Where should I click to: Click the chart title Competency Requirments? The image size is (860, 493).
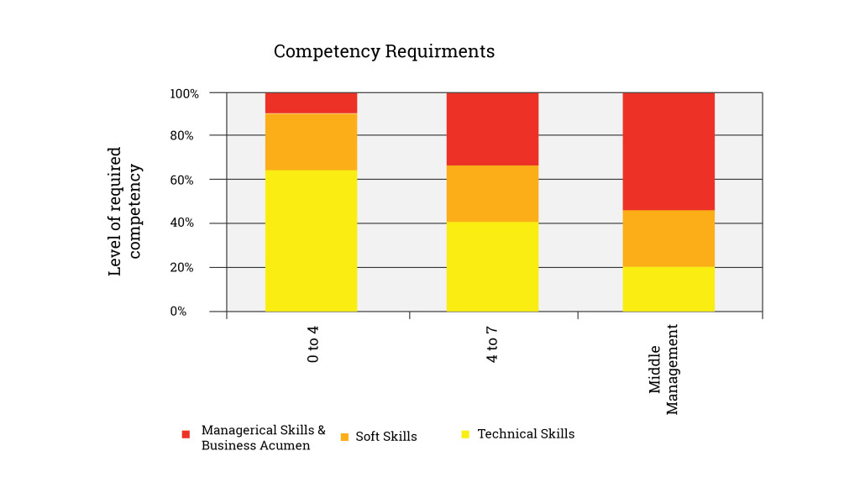(384, 51)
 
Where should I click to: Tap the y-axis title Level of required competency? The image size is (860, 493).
(125, 211)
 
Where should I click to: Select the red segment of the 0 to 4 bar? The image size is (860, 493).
(311, 102)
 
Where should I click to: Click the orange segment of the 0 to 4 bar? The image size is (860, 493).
(311, 141)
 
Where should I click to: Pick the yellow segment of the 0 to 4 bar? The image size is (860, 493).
(311, 240)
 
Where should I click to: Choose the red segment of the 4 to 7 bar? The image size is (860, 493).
(491, 128)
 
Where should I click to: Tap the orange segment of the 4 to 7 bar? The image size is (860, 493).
(491, 193)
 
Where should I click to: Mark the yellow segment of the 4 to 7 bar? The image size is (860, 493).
(491, 266)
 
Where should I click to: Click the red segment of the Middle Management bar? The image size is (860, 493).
(668, 151)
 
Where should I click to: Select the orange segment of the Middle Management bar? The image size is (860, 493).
(668, 238)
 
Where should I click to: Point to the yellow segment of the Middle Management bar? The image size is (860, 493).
(668, 289)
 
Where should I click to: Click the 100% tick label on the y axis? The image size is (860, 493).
(184, 93)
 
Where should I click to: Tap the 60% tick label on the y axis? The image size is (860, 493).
(186, 180)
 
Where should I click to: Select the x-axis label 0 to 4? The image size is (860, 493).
(313, 344)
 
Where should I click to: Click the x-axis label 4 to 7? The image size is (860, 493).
(492, 344)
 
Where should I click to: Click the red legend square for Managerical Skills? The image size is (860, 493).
(186, 434)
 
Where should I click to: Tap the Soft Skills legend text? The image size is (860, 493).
(385, 437)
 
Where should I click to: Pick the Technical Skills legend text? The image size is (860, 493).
(526, 434)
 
